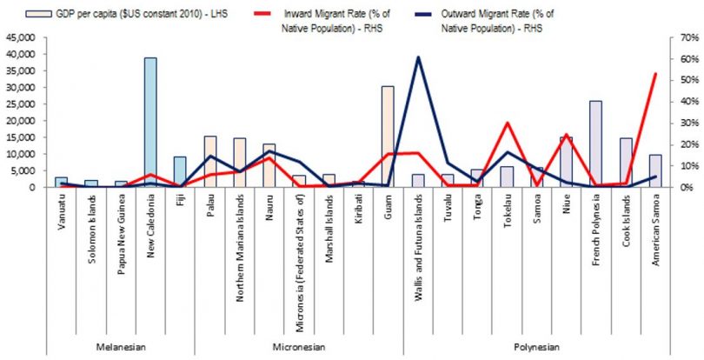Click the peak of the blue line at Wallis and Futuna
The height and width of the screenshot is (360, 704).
pyautogui.click(x=418, y=57)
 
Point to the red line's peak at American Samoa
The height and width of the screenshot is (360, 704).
pyautogui.click(x=655, y=74)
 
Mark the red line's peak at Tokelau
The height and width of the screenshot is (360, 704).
pyautogui.click(x=507, y=123)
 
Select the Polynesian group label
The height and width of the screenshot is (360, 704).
pyautogui.click(x=536, y=347)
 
